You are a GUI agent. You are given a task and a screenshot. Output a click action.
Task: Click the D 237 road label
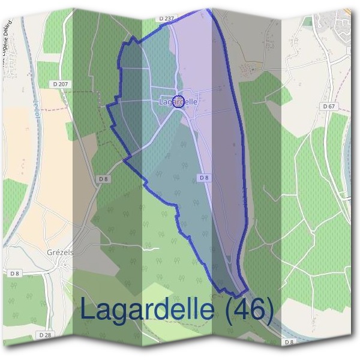(x=166, y=19)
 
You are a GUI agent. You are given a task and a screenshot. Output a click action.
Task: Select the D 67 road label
(x=328, y=106)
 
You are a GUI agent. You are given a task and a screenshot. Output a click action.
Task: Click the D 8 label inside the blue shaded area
(x=203, y=178)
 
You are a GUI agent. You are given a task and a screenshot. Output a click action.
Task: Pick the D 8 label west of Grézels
(x=15, y=273)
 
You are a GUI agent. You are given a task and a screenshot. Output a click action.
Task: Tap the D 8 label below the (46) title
(x=289, y=341)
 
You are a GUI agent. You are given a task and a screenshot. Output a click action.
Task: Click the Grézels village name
(x=59, y=253)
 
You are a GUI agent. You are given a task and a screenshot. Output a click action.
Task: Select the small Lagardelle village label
(x=178, y=102)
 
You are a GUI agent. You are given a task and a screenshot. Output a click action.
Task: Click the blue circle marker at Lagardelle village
(x=178, y=101)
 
